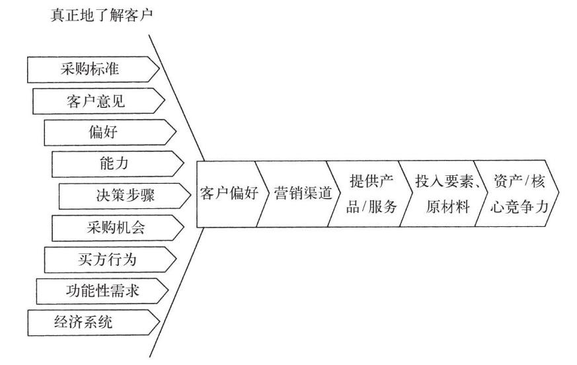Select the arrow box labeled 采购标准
[93, 68]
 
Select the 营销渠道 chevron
[301, 194]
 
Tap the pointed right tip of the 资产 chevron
[558, 194]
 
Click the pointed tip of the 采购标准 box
[159, 68]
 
